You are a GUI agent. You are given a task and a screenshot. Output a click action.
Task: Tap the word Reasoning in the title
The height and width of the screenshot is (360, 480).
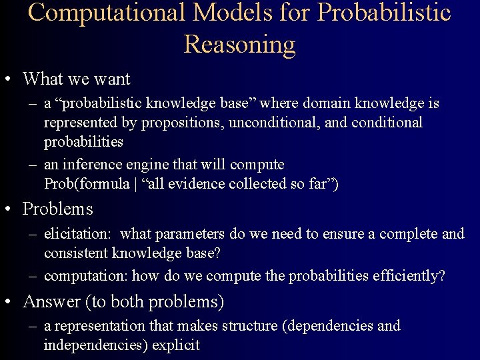coord(239,44)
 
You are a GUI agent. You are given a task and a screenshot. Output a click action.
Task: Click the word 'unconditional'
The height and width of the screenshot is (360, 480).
coord(267,123)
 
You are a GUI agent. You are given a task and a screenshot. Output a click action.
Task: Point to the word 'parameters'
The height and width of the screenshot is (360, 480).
coord(191,234)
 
